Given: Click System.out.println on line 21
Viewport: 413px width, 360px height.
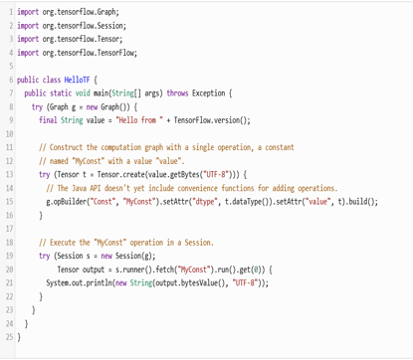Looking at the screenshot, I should click(x=82, y=282).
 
